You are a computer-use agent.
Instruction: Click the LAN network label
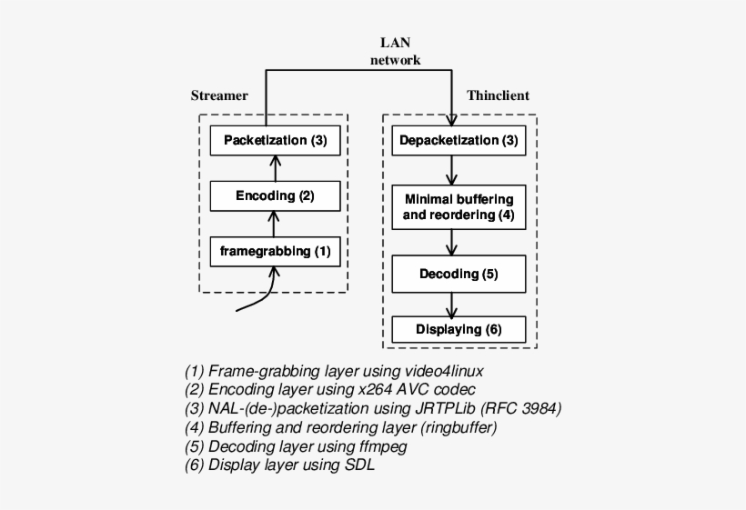click(400, 52)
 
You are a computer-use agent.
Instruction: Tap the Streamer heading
click(219, 95)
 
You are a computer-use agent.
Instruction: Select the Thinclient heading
click(498, 95)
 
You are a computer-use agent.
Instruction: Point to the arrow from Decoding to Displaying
click(452, 303)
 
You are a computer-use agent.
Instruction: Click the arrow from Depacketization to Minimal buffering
click(452, 170)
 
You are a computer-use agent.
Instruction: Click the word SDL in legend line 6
click(360, 465)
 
